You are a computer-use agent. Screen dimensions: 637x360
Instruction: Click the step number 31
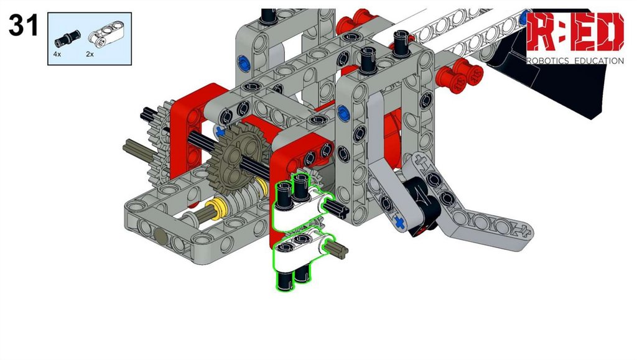24,25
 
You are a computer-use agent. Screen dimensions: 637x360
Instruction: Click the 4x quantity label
57,54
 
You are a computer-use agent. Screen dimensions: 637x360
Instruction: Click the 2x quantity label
90,54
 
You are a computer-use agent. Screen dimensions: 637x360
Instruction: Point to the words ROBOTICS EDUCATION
575,61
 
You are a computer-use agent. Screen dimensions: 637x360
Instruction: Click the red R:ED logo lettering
575,32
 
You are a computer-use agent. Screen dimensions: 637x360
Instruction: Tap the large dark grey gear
236,159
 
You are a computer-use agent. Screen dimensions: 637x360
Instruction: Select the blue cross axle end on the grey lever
399,223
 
